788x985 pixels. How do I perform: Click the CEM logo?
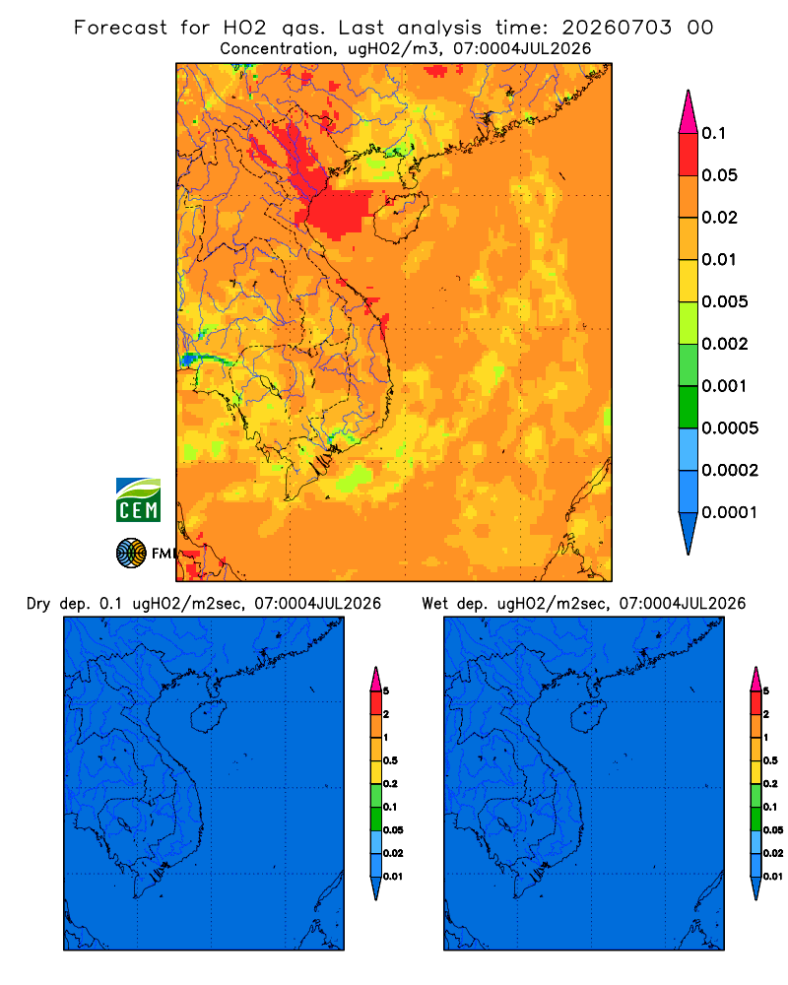point(138,500)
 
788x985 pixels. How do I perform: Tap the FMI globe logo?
point(131,554)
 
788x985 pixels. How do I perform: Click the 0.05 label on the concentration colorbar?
point(719,175)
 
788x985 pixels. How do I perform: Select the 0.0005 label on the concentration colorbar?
point(730,428)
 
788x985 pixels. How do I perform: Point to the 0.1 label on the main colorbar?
point(714,133)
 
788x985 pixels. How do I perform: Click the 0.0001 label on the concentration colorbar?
point(730,512)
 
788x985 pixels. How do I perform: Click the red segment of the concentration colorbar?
point(689,155)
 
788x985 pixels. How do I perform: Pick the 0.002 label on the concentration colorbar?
point(725,344)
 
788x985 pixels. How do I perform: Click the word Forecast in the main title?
point(120,28)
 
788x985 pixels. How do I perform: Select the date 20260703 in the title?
point(617,28)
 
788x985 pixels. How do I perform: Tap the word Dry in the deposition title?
point(38,604)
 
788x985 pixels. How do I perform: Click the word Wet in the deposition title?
point(434,604)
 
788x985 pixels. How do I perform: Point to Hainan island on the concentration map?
point(401,218)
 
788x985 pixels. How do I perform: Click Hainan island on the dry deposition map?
point(209,717)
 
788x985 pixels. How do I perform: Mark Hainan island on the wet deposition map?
point(589,717)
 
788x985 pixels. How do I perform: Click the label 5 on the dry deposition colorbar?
point(386,691)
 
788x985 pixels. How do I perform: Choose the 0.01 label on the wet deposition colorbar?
point(773,877)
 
